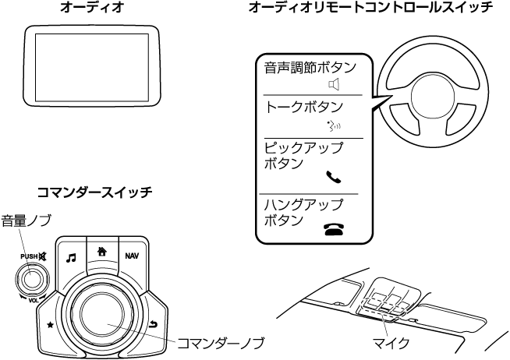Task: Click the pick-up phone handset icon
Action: tap(334, 177)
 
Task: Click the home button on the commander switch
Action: tap(101, 251)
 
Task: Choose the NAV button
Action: tap(132, 255)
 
